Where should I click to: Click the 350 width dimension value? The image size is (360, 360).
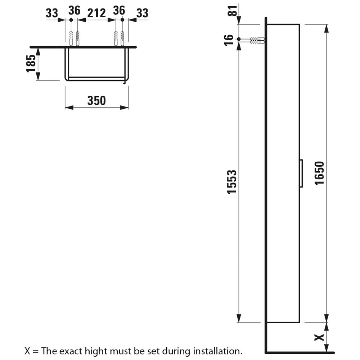tap(96, 100)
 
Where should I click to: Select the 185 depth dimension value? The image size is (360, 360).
tap(31, 64)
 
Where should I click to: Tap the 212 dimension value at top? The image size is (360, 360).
tap(96, 13)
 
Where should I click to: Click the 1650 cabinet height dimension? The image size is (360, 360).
tap(319, 173)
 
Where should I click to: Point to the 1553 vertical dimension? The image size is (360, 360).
tap(231, 182)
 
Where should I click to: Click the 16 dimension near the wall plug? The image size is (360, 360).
tap(229, 40)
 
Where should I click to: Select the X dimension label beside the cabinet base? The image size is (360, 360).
tap(319, 337)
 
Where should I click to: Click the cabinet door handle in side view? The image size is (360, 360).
tap(301, 174)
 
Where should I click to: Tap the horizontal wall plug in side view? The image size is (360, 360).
tap(257, 41)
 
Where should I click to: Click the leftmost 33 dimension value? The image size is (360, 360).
tap(52, 13)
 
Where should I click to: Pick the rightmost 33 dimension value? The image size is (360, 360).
tap(142, 13)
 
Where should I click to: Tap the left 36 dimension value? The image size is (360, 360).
tap(75, 10)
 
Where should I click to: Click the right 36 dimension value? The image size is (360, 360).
tap(119, 10)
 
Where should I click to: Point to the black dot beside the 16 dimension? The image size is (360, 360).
tap(239, 39)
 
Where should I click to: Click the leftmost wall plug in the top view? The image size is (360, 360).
tap(71, 39)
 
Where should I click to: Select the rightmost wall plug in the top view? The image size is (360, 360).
tap(122, 39)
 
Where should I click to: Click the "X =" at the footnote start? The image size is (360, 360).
tap(32, 351)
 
